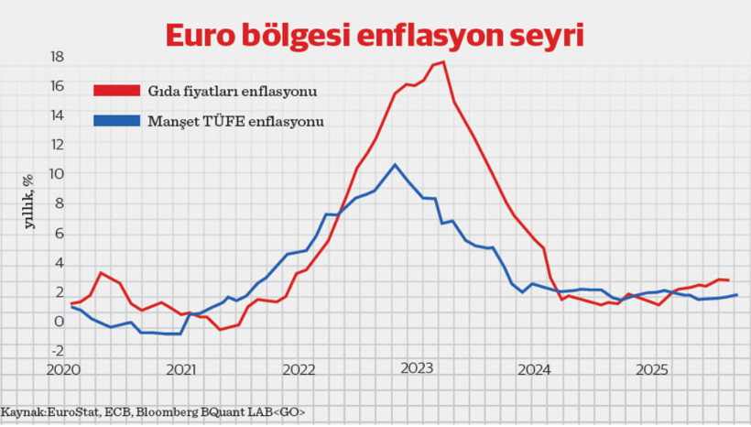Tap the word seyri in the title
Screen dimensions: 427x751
click(551, 35)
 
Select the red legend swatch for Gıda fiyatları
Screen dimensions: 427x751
click(116, 91)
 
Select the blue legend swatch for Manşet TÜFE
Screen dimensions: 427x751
click(116, 120)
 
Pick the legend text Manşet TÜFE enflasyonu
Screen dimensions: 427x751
click(236, 120)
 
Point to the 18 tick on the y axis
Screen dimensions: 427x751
click(56, 57)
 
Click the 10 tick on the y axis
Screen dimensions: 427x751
click(56, 174)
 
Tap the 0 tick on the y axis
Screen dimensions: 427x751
click(59, 322)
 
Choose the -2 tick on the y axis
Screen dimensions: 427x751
click(56, 351)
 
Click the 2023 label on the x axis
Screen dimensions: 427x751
click(417, 369)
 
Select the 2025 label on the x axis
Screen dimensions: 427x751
click(652, 369)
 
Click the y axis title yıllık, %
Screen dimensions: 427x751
click(28, 200)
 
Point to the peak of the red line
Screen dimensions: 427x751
click(443, 62)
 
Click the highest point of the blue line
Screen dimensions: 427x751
click(394, 165)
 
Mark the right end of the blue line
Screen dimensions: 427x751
click(736, 294)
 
